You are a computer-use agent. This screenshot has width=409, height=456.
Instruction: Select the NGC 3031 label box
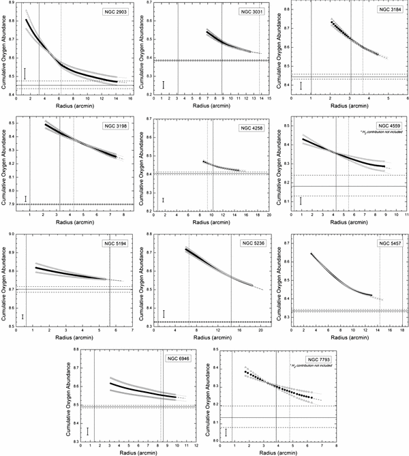252,12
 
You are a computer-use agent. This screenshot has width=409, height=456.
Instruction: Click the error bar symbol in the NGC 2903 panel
25,73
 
